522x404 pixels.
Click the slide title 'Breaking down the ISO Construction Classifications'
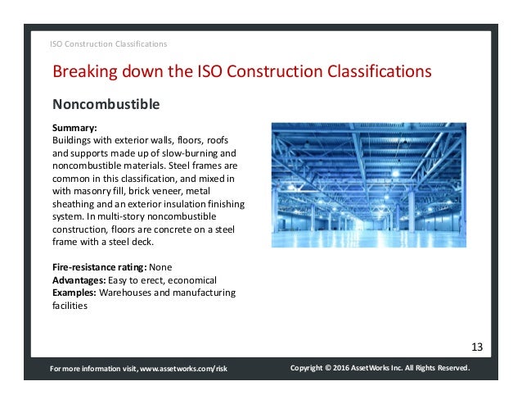tap(241, 72)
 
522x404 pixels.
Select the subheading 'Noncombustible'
tap(106, 105)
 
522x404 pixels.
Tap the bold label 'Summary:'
tap(74, 129)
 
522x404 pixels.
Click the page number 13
tap(477, 347)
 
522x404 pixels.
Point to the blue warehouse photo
tap(368, 185)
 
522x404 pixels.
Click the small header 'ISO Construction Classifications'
tap(109, 43)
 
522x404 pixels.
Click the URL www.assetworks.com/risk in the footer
tap(184, 370)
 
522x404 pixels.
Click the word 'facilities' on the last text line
tap(70, 305)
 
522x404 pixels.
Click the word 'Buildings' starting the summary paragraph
tap(74, 141)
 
